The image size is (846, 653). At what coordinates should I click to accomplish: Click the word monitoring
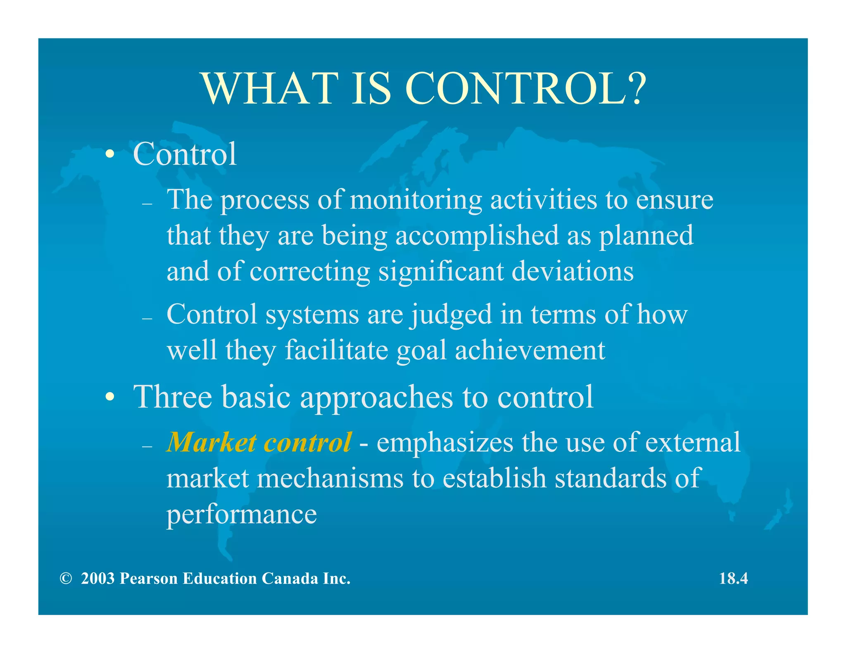(416, 200)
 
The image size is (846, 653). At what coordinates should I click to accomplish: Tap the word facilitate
(336, 350)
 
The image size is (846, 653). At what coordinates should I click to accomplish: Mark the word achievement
(530, 350)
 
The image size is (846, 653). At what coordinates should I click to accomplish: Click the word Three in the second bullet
(172, 397)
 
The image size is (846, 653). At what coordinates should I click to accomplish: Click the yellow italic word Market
(211, 442)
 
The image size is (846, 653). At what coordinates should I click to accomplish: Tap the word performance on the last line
(242, 515)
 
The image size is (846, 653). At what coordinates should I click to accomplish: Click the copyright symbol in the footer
(65, 579)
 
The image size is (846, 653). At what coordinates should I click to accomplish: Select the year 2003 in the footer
(97, 579)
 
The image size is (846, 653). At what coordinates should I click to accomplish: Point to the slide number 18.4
(733, 579)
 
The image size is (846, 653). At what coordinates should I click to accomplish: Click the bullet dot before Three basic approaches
(109, 397)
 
